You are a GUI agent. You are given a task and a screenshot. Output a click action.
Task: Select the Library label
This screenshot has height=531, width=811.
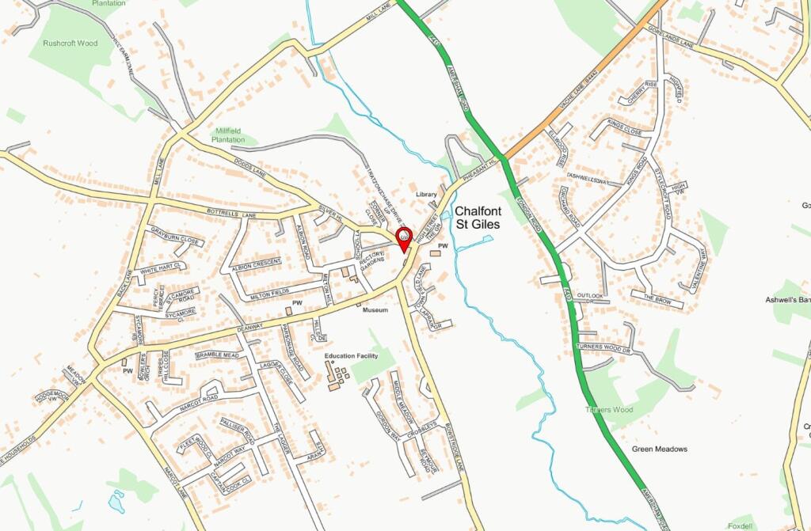click(426, 194)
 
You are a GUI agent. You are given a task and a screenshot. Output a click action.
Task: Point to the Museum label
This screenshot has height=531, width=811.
click(375, 310)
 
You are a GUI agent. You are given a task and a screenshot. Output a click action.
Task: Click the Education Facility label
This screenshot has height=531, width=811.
click(351, 356)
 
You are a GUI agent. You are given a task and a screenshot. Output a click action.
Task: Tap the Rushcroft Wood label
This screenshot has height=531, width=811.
click(71, 44)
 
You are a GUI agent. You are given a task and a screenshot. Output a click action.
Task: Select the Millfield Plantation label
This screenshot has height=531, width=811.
click(228, 135)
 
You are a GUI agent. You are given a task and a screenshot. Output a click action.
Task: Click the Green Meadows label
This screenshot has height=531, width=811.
click(660, 449)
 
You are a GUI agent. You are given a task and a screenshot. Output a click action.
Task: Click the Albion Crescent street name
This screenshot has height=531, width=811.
click(256, 262)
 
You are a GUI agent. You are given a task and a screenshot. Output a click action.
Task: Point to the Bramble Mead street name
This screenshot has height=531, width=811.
click(217, 355)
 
